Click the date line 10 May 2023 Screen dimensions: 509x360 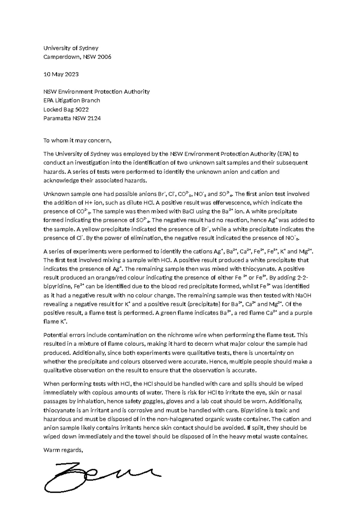61,74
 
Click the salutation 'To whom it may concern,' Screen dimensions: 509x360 77,140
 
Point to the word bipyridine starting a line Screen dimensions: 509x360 57,287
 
